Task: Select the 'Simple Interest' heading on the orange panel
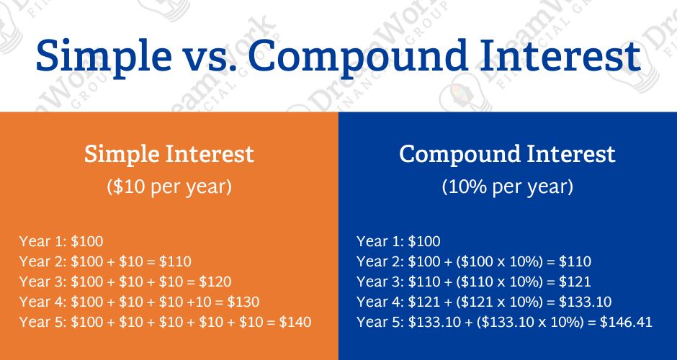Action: click(169, 154)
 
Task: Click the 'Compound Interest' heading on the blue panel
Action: click(507, 154)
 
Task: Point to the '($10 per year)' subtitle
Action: click(169, 186)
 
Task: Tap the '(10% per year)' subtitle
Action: click(507, 186)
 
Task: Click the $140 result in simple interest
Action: click(295, 322)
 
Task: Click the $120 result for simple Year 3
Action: click(214, 282)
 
